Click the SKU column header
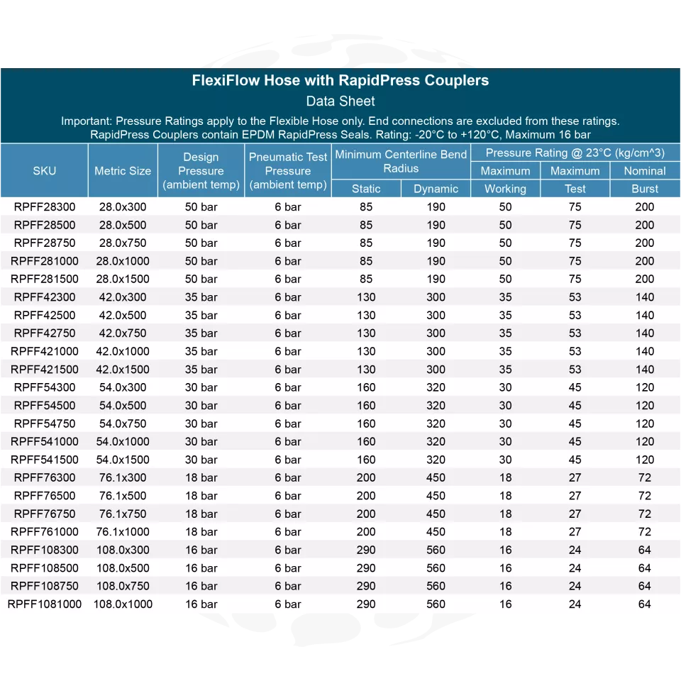click(44, 171)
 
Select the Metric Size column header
click(123, 171)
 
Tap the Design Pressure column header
click(201, 171)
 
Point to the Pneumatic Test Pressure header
click(288, 171)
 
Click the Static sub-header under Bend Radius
click(366, 189)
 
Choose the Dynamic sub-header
click(436, 189)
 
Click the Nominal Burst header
click(645, 179)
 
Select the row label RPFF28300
click(45, 207)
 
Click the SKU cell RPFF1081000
click(45, 604)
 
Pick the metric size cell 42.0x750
click(123, 333)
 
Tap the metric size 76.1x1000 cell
click(123, 532)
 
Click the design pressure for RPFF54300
click(201, 387)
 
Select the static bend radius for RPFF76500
click(366, 496)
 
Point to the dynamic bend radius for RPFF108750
click(436, 586)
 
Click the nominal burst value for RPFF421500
click(645, 370)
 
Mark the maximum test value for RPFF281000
click(575, 261)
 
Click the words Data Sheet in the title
click(340, 101)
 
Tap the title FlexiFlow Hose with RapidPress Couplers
click(340, 80)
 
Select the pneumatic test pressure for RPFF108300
click(288, 550)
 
